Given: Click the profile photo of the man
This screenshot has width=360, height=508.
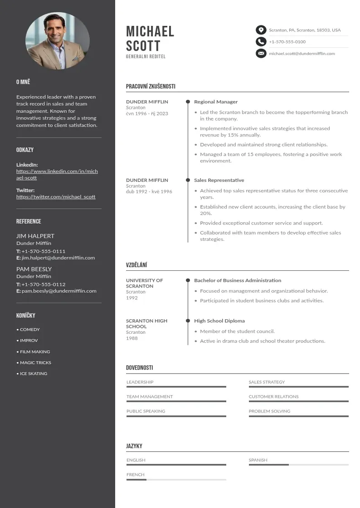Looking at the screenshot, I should [57, 41].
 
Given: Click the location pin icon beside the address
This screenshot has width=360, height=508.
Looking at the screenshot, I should [261, 30].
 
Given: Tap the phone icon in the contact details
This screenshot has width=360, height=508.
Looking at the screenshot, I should [261, 42].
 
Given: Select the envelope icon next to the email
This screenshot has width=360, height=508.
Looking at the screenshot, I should [261, 54].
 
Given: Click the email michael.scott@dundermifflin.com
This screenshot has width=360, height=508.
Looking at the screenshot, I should [302, 54].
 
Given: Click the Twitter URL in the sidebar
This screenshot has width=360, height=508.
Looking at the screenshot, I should [56, 197].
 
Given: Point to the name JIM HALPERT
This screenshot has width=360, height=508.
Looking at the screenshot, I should [35, 236].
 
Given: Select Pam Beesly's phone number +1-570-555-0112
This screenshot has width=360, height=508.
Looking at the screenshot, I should [43, 284].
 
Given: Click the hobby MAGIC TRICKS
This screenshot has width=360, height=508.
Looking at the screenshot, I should [35, 363].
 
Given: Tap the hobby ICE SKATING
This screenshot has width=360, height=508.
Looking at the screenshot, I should [33, 374].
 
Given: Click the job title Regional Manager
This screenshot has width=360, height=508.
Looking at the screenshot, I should [216, 102].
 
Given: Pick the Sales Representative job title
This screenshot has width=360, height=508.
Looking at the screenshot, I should [219, 180].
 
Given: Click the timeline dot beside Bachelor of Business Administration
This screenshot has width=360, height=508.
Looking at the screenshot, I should [188, 280].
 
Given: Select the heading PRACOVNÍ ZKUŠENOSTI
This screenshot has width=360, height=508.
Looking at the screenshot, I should [151, 86].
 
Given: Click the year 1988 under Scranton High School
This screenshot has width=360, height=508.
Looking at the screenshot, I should [131, 338].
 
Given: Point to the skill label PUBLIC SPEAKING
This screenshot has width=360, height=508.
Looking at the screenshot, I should [146, 411].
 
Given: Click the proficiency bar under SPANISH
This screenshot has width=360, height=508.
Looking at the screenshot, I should [298, 465].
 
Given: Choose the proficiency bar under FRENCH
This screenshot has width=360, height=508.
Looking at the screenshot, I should [176, 479].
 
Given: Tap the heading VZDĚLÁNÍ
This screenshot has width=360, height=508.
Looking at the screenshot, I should [136, 265].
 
